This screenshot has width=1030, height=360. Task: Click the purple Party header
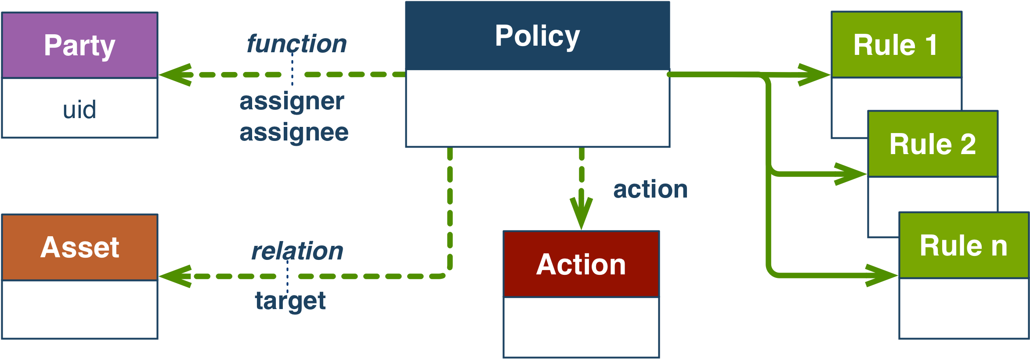(80, 45)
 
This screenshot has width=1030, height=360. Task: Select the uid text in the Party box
(80, 109)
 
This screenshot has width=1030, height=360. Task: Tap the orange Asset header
(80, 247)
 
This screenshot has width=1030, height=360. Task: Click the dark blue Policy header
(537, 36)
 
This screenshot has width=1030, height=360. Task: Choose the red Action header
(581, 264)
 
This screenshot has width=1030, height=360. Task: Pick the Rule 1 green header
(896, 45)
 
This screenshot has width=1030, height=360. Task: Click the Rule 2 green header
(932, 144)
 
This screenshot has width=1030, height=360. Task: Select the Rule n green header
(964, 245)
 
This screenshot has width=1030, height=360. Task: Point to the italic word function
(296, 44)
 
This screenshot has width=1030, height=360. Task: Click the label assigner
(292, 101)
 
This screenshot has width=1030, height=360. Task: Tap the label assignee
(294, 132)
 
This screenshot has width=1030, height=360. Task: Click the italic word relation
(297, 251)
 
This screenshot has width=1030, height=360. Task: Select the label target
(290, 301)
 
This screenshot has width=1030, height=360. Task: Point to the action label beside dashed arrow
(650, 189)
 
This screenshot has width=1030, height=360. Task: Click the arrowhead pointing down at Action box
(581, 213)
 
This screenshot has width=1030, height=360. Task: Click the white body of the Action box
(581, 327)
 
